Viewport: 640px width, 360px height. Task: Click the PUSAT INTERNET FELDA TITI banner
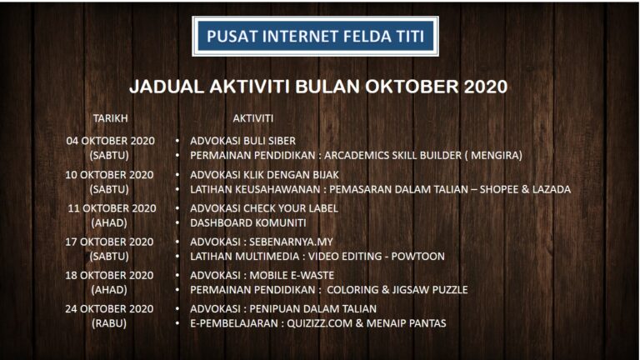(x=316, y=37)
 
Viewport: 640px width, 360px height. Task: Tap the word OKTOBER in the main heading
(x=412, y=87)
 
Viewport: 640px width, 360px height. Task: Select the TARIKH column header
(x=110, y=118)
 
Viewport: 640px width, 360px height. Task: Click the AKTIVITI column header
(x=253, y=118)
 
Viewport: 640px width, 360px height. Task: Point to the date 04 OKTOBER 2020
(x=111, y=141)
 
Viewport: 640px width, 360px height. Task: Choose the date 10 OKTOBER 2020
(x=109, y=175)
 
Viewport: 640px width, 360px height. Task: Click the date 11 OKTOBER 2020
(x=112, y=208)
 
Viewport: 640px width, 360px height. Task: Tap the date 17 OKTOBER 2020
(x=109, y=242)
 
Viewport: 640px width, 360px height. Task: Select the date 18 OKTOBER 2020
(x=109, y=275)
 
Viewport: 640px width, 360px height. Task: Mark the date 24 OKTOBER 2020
(x=109, y=308)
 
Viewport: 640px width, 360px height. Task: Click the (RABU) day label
(x=109, y=323)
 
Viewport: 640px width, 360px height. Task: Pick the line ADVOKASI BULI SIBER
(x=242, y=141)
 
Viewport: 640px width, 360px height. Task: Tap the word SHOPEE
(x=498, y=189)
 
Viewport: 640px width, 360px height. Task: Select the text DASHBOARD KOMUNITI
(x=248, y=222)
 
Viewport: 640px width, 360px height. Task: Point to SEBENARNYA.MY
(x=291, y=242)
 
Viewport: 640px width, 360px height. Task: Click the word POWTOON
(x=418, y=257)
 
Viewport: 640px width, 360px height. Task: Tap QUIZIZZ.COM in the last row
(x=320, y=323)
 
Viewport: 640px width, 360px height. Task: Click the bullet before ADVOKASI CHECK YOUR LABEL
(x=177, y=208)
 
